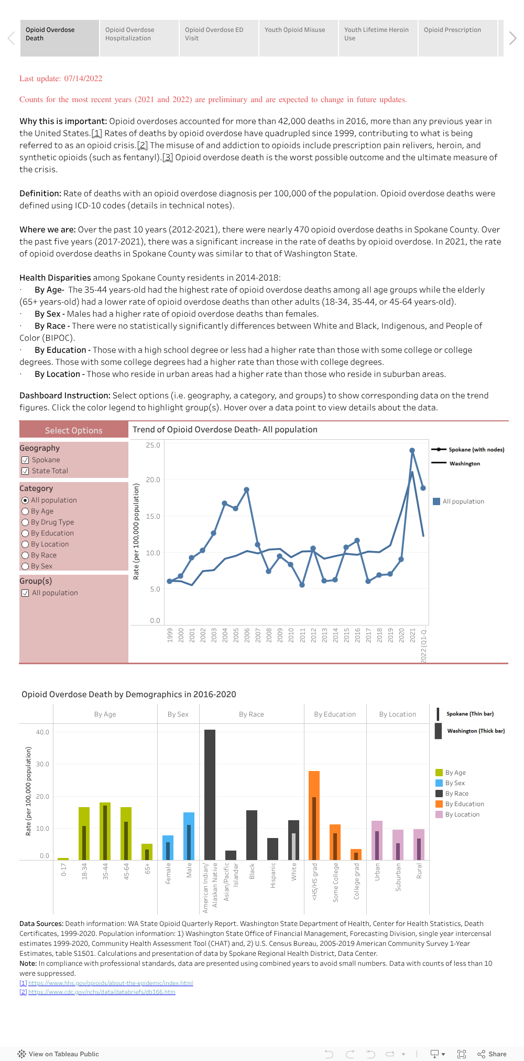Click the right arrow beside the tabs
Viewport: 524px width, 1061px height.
pyautogui.click(x=512, y=38)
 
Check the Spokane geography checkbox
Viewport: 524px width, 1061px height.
pyautogui.click(x=25, y=460)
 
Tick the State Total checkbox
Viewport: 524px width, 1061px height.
pyautogui.click(x=25, y=471)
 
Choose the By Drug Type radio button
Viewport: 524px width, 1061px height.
pyautogui.click(x=25, y=522)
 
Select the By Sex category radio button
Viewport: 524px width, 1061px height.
pyautogui.click(x=25, y=566)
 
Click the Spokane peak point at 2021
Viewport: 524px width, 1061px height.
pyautogui.click(x=412, y=451)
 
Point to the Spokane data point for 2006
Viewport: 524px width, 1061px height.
pyautogui.click(x=246, y=490)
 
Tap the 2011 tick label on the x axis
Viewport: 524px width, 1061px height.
pyautogui.click(x=302, y=635)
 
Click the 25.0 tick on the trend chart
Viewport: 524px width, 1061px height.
pyautogui.click(x=153, y=445)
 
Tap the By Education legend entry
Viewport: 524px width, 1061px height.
pyautogui.click(x=464, y=804)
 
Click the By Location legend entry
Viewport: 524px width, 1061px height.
pyautogui.click(x=462, y=814)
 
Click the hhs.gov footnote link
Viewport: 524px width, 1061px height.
pyautogui.click(x=110, y=983)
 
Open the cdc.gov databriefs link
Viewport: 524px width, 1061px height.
pyautogui.click(x=102, y=992)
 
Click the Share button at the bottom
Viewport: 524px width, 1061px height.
pyautogui.click(x=492, y=1054)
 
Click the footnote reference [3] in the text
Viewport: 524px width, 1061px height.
pyautogui.click(x=168, y=158)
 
